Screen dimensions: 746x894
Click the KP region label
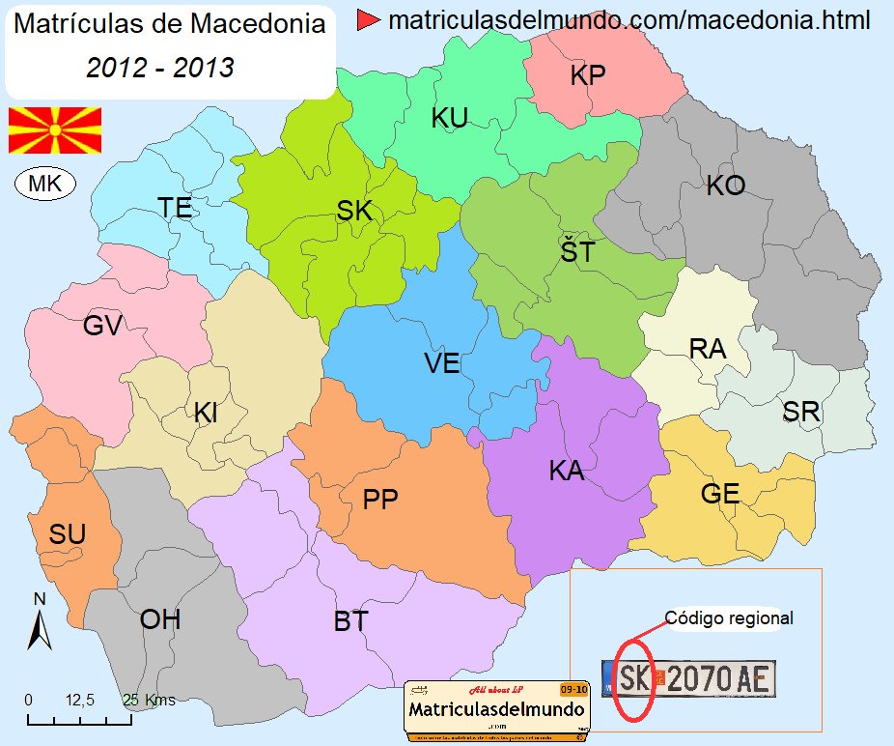[x=587, y=75]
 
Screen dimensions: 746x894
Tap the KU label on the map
[x=449, y=118]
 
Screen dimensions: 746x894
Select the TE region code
[x=175, y=207]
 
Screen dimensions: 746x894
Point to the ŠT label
[x=577, y=251]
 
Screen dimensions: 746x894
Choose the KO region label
[x=725, y=186]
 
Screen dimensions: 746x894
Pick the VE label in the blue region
[x=441, y=363]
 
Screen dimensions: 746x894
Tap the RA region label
[x=707, y=349]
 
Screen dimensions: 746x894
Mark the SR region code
[x=800, y=412]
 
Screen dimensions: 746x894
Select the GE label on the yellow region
[x=719, y=494]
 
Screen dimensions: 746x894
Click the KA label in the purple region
[x=566, y=472]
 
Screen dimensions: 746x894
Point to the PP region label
[x=380, y=499]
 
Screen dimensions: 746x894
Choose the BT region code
[x=350, y=621]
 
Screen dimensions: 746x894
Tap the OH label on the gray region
[x=160, y=618]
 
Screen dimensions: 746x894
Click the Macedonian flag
[x=55, y=130]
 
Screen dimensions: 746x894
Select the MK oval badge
[x=45, y=184]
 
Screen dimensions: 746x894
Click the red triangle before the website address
[x=367, y=19]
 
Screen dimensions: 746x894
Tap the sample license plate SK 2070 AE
[x=687, y=679]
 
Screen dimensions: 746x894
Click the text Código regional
[x=729, y=618]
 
